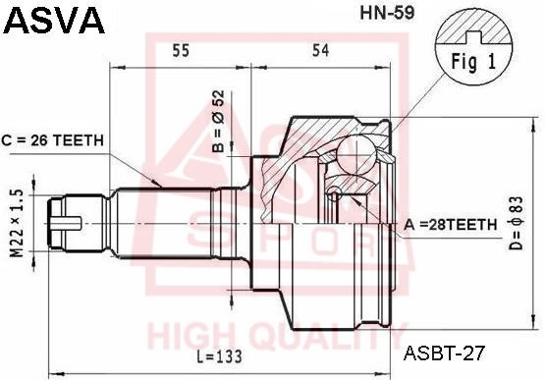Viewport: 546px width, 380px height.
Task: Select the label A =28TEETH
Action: tap(450, 225)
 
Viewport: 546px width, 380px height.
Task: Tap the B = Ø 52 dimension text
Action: tap(220, 122)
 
